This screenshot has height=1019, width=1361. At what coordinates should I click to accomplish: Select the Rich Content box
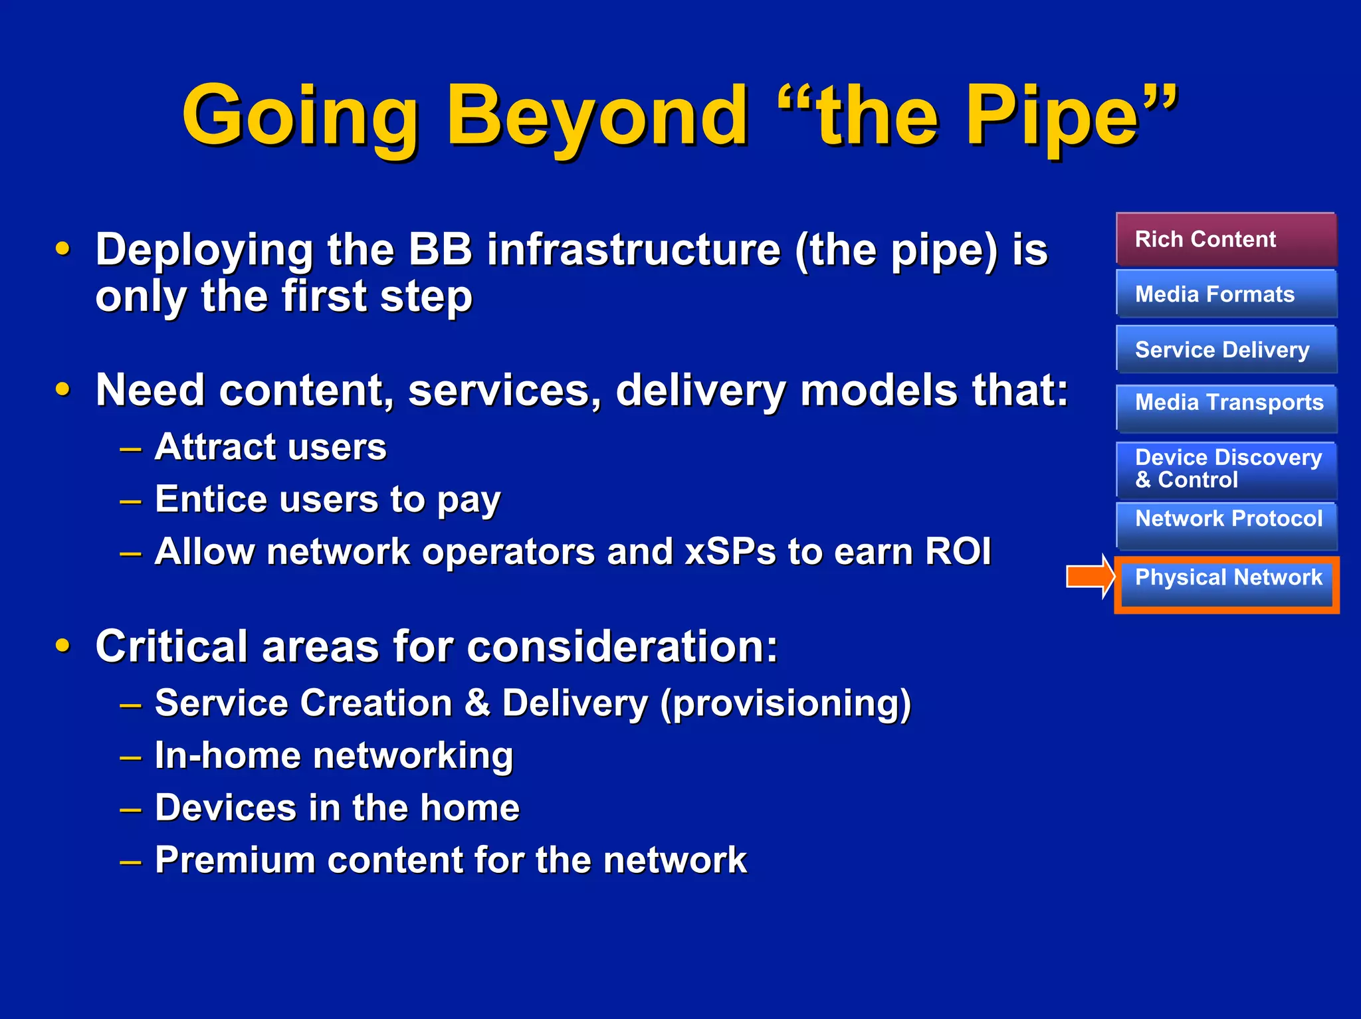pyautogui.click(x=1226, y=239)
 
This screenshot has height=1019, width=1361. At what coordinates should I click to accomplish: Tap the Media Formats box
pyautogui.click(x=1226, y=294)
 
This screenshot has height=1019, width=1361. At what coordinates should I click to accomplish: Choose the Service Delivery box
pyautogui.click(x=1226, y=349)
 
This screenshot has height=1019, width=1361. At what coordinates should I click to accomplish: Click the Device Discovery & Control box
pyautogui.click(x=1226, y=469)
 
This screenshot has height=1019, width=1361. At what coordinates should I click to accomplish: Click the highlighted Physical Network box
pyautogui.click(x=1226, y=583)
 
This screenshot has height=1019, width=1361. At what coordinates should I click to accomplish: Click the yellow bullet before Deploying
pyautogui.click(x=62, y=249)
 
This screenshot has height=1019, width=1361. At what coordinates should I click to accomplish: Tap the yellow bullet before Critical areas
pyautogui.click(x=62, y=645)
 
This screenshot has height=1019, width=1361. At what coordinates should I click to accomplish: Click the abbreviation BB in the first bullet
pyautogui.click(x=440, y=250)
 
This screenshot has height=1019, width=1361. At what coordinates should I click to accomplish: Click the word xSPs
pyautogui.click(x=730, y=551)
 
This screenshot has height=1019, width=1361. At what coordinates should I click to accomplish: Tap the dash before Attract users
pyautogui.click(x=130, y=449)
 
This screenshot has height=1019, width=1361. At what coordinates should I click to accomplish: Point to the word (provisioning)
pyautogui.click(x=785, y=703)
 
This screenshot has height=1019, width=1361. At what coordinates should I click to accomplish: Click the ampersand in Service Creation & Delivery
pyautogui.click(x=477, y=703)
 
